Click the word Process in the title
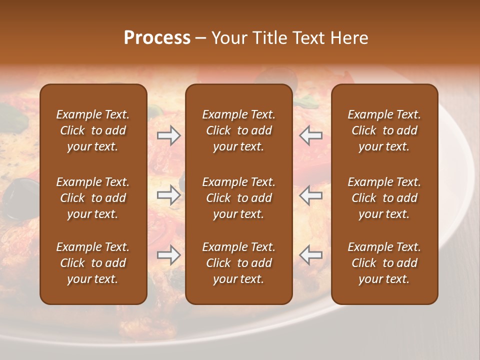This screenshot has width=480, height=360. pos(157,38)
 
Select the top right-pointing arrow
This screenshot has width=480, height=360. pos(168,135)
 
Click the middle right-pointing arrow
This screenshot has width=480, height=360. pos(168,195)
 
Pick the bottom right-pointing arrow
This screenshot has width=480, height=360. pos(168,255)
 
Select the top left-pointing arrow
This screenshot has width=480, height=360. pos(311,135)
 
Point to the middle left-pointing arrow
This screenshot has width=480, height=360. pos(311,195)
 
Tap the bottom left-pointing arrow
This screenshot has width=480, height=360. pos(311,255)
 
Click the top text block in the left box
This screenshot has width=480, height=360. pos(93,130)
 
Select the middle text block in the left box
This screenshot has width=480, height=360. pos(93,198)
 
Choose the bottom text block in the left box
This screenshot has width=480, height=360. pos(93,263)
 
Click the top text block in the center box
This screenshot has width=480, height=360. pos(238,130)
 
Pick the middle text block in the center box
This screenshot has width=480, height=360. pos(238,198)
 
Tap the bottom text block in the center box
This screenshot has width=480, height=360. pos(238,263)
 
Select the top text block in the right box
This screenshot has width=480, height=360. pos(384,130)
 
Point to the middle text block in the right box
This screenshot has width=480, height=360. pos(384,198)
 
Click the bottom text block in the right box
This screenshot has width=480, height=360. pos(384,263)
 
